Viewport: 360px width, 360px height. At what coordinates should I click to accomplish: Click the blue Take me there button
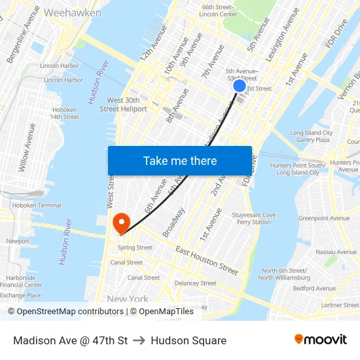180,161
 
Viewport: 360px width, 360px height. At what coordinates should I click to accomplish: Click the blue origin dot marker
240,86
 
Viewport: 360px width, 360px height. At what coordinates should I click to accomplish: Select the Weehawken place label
73,13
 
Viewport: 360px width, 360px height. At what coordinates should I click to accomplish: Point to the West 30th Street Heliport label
123,105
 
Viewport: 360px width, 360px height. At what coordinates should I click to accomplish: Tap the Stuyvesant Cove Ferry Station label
253,219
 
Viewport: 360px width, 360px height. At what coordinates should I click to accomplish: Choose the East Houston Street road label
207,260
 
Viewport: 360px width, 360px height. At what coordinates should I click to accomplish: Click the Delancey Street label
195,283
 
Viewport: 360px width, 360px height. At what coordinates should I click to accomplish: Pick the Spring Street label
135,247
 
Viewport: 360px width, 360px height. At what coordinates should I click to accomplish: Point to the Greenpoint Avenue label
324,219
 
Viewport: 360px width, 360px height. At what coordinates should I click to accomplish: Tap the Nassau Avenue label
334,251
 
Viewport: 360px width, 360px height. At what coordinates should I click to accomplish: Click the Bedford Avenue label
314,289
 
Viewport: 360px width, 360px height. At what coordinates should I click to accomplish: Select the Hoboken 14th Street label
64,113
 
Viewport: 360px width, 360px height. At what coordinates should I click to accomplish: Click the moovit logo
320,340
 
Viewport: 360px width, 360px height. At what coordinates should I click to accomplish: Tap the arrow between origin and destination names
139,340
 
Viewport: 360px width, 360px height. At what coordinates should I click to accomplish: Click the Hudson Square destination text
189,340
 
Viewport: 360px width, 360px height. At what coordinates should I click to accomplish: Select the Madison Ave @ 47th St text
70,340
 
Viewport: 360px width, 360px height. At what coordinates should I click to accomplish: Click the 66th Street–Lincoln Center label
219,10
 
